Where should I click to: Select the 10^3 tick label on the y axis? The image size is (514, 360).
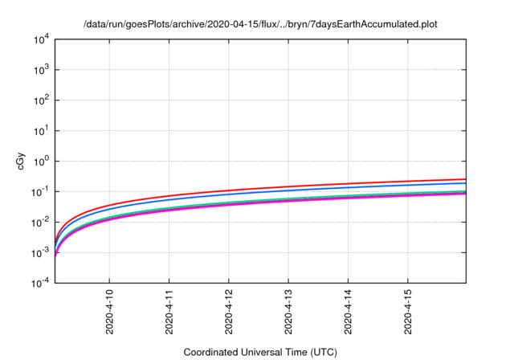coord(41,71)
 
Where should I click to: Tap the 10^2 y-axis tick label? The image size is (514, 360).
coord(41,101)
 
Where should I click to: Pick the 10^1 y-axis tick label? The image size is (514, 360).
coord(41,131)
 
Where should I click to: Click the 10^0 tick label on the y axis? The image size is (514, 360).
coord(41,162)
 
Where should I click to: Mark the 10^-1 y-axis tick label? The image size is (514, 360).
coord(40,192)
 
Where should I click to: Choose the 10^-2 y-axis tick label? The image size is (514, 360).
coord(40,223)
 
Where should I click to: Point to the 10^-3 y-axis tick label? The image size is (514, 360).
coord(40,252)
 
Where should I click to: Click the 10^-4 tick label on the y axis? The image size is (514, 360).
coord(40,283)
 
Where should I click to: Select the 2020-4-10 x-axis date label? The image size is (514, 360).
coord(110,313)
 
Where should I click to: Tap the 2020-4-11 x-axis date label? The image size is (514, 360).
coord(169,313)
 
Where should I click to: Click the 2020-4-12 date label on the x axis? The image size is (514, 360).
coord(229,313)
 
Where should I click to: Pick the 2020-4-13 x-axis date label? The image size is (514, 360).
coord(289,313)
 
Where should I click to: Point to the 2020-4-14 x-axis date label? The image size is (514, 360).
coord(349,313)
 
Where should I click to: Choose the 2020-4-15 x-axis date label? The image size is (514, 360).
coord(408,313)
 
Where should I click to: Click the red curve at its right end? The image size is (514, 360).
coord(464,179)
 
